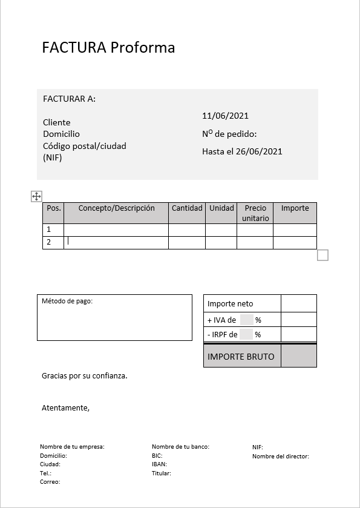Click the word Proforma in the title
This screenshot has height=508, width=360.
[142, 47]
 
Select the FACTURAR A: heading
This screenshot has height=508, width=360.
[69, 99]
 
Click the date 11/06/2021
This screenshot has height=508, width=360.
[225, 116]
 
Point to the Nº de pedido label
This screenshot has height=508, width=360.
[229, 134]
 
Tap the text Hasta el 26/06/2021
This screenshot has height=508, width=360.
[242, 151]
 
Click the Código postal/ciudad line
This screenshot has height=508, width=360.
[85, 146]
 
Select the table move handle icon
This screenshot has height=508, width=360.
[36, 196]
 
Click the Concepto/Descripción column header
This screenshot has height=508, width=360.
[116, 208]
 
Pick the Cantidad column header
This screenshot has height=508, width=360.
[187, 208]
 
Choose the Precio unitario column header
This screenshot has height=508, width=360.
[255, 213]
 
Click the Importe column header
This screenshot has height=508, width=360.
[295, 208]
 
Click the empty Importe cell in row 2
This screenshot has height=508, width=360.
[295, 242]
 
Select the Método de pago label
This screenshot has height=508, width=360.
[67, 301]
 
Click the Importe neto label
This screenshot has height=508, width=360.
[231, 304]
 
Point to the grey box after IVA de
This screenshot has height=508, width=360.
[246, 320]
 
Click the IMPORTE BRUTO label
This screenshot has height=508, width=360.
[241, 356]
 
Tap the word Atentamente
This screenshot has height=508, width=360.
[65, 408]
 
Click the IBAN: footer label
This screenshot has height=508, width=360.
[160, 464]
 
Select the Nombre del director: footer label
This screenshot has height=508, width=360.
[281, 457]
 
